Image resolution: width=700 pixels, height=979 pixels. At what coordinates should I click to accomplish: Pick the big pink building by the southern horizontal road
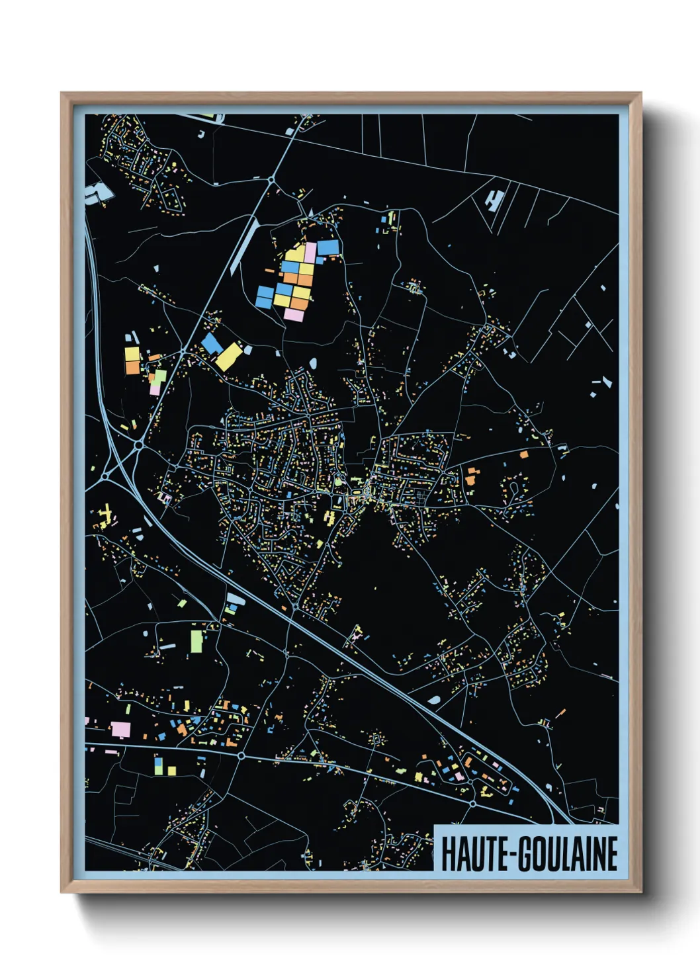[120, 730]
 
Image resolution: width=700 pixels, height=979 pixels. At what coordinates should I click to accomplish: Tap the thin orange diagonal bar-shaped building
[561, 714]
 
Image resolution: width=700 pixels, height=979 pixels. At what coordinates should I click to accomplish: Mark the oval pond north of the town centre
[312, 363]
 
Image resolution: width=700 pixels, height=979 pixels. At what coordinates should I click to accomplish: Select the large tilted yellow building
[229, 357]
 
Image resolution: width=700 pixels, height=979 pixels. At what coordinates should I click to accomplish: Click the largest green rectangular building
[197, 640]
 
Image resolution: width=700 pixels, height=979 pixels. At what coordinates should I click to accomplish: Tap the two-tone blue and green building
[158, 766]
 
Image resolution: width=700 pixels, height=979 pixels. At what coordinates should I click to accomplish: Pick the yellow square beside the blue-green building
[171, 771]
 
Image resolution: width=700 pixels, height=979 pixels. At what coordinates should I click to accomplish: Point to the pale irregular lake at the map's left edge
[99, 192]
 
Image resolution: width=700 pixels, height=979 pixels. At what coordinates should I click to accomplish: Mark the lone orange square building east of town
[524, 454]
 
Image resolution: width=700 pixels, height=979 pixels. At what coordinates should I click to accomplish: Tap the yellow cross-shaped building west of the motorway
[105, 513]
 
